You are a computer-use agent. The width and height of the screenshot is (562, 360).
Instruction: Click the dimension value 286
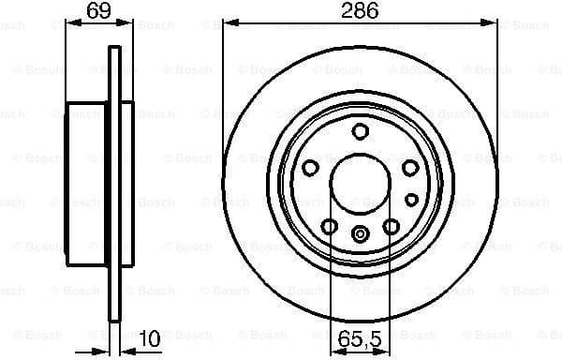pyautogui.click(x=361, y=11)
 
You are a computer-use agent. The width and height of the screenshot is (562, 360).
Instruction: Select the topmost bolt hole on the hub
pyautogui.click(x=361, y=132)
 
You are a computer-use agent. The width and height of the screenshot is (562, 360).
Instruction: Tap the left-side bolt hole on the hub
pyautogui.click(x=310, y=168)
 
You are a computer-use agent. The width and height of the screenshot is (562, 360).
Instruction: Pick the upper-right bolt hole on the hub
pyautogui.click(x=410, y=168)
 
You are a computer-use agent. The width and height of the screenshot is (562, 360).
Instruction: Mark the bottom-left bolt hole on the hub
pyautogui.click(x=330, y=225)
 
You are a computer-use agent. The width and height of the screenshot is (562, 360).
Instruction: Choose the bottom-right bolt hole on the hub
pyautogui.click(x=392, y=225)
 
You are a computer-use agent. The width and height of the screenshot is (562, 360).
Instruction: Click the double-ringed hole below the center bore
pyautogui.click(x=361, y=234)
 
